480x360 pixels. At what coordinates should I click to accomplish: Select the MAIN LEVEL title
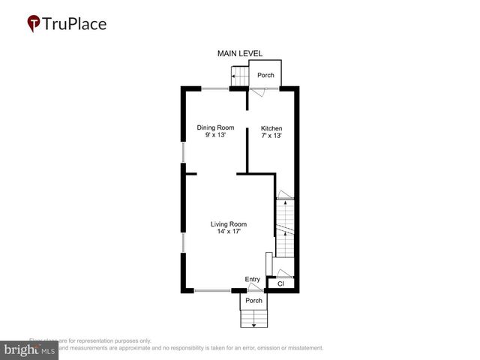click(239, 54)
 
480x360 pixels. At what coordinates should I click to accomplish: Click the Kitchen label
click(271, 128)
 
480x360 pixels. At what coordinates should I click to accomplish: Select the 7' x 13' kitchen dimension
click(271, 136)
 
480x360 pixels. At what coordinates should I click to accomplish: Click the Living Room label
click(228, 224)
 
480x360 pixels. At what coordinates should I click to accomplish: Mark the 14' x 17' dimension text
click(228, 232)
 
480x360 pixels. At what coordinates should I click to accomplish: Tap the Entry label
click(252, 279)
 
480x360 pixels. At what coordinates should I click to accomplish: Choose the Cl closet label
click(280, 284)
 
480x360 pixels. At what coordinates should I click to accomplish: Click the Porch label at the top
click(265, 76)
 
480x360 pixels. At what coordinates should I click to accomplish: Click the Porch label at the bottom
click(253, 301)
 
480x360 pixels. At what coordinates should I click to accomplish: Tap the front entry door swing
click(255, 286)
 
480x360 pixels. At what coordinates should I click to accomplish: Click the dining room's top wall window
click(214, 88)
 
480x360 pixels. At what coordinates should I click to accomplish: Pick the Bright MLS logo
click(29, 350)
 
